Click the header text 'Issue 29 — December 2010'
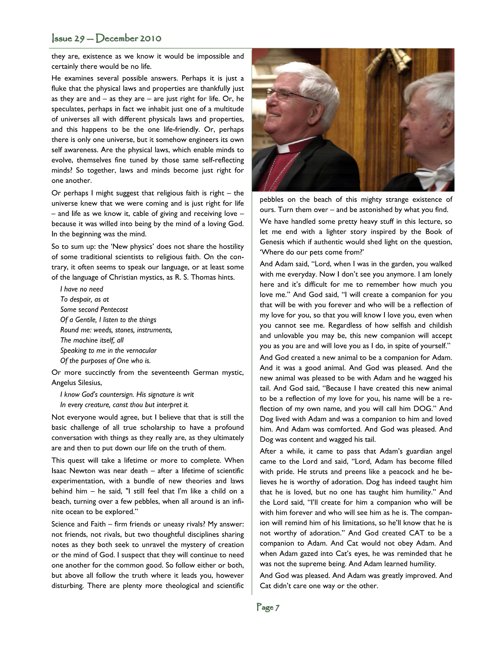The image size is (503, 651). [x=106, y=38]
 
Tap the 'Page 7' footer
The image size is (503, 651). [x=268, y=607]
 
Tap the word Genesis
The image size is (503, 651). [x=272, y=242]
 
